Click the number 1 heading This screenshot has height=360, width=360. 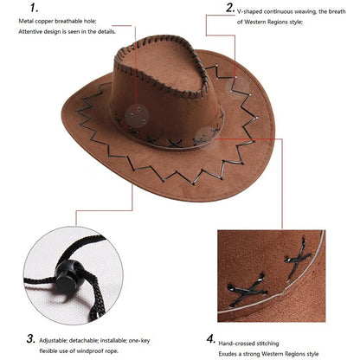pos(32,8)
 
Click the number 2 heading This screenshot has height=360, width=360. pos(230,8)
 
